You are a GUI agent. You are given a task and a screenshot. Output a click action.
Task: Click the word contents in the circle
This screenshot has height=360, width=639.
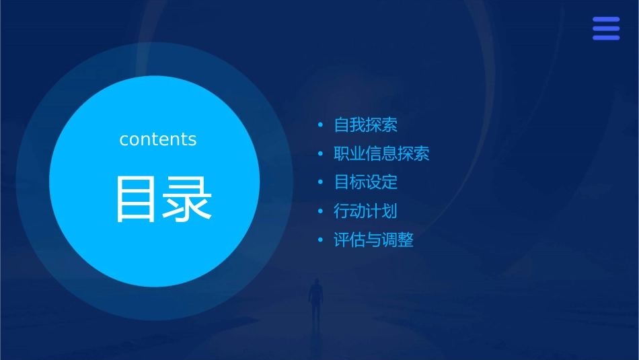[158, 139]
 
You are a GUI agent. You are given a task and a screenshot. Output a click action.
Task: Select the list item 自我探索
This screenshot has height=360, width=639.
[365, 125]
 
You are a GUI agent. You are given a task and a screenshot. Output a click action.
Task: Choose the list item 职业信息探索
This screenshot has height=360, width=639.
[381, 154]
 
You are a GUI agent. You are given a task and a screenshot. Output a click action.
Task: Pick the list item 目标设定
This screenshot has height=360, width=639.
[365, 182]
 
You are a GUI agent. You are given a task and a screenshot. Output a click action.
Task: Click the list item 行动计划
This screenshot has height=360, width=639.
[365, 211]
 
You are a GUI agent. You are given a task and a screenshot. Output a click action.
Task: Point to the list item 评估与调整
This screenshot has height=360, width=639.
[373, 240]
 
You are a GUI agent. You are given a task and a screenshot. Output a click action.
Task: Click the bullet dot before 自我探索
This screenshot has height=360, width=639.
[321, 125]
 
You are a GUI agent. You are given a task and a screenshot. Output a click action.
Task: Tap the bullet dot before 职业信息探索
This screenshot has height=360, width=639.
[321, 154]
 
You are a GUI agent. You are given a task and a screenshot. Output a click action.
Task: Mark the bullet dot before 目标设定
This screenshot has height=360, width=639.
[321, 182]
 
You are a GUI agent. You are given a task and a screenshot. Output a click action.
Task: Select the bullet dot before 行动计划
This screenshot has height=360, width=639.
[321, 211]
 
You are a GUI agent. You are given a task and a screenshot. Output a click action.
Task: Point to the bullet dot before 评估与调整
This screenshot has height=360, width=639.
[321, 240]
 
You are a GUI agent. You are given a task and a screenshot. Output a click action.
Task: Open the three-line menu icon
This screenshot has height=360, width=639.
[606, 28]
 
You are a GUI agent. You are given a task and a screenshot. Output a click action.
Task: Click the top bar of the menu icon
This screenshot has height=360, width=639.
[606, 20]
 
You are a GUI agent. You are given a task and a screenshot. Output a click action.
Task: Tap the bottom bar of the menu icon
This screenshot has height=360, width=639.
[606, 38]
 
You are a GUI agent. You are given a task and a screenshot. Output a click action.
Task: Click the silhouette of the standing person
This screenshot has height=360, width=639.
[315, 299]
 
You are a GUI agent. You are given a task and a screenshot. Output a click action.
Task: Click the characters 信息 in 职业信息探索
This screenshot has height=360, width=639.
[381, 154]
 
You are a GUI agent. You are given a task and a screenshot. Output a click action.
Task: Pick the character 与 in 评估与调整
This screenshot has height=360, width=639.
[373, 240]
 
